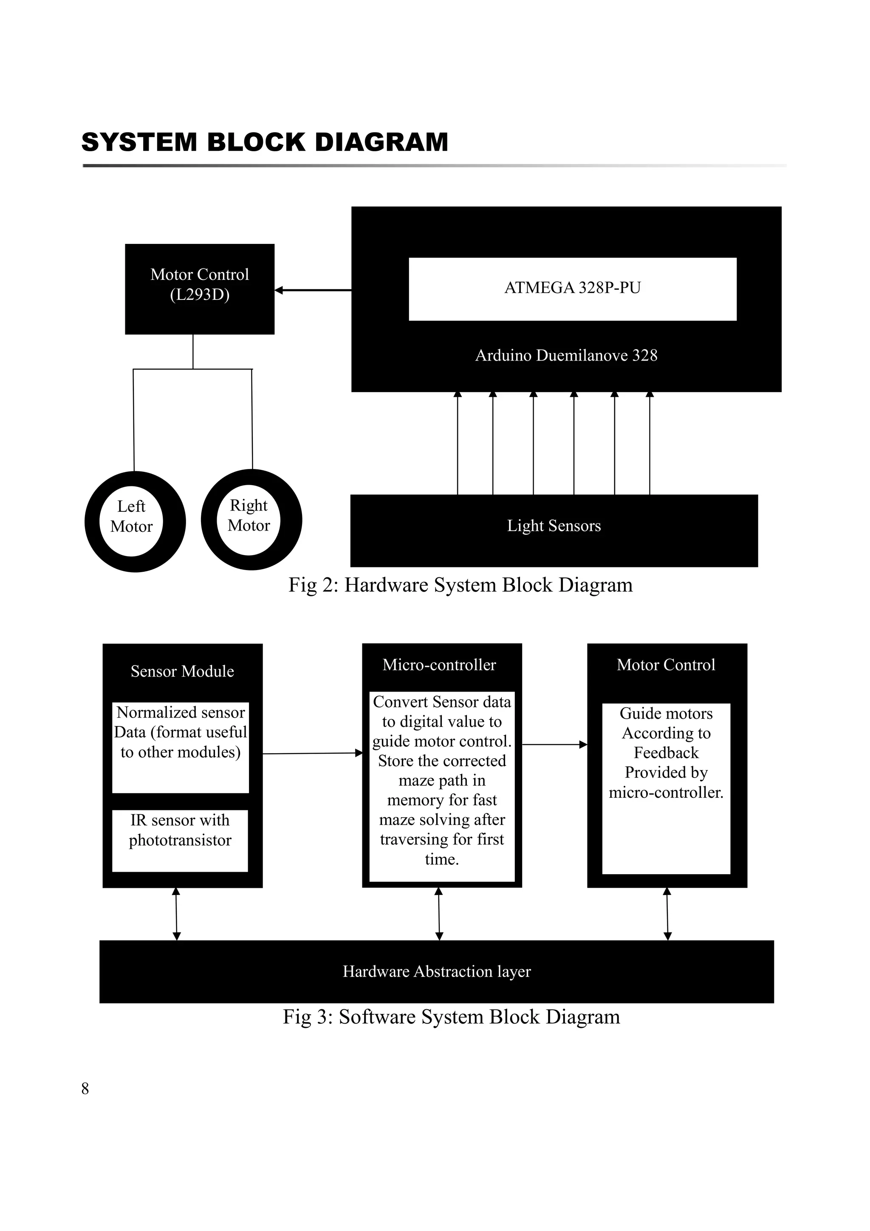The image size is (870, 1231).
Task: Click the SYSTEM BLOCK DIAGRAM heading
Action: point(264,142)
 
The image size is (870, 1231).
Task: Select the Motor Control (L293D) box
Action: point(199,288)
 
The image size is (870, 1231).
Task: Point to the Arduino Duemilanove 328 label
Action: point(566,356)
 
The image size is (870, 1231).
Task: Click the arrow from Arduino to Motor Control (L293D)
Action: point(313,290)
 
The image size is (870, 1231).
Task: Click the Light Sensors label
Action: point(554,526)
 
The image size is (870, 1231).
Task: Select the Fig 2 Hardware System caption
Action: point(460,585)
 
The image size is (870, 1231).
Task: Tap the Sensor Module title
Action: point(182,671)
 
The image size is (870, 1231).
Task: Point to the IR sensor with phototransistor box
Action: point(180,840)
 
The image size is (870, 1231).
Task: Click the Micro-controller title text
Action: point(439,665)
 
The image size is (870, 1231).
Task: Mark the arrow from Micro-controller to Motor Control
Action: point(554,744)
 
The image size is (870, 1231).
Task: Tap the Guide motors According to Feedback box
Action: point(666,788)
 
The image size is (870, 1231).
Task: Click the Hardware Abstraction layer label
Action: point(436,971)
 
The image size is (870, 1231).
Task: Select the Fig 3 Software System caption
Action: point(451,1017)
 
